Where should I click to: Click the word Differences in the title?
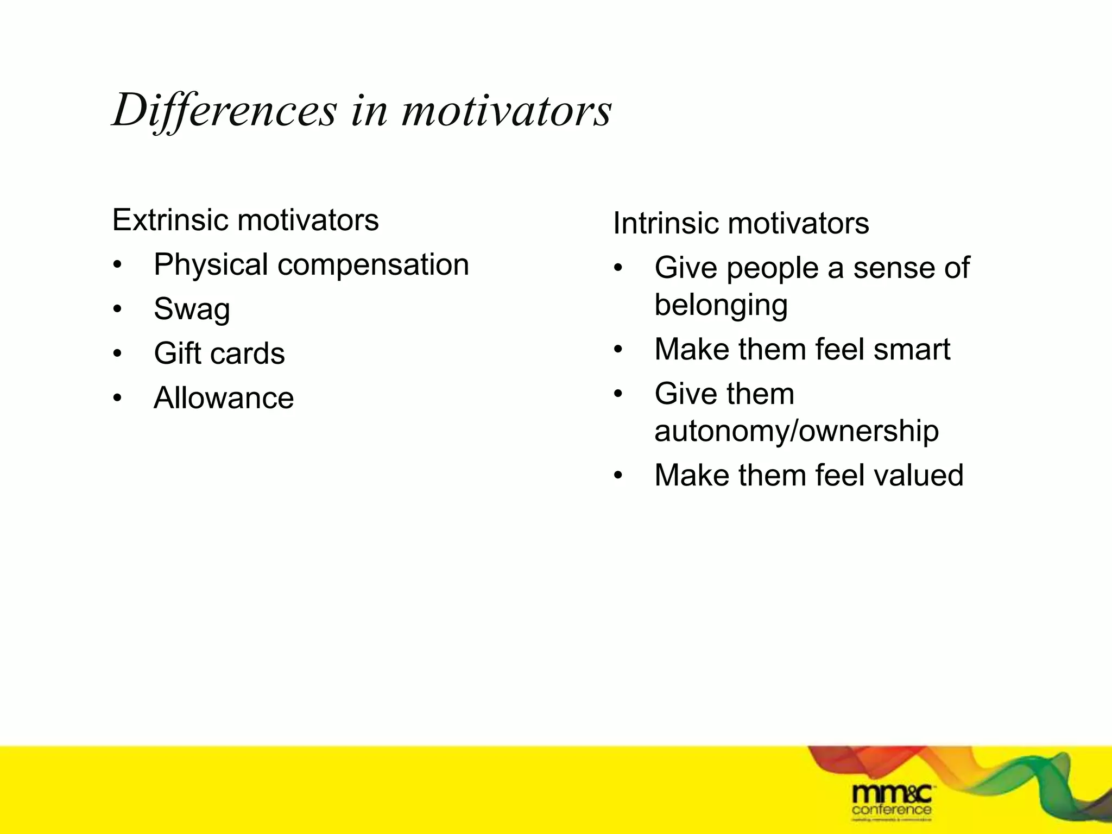(224, 111)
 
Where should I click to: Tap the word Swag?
(192, 309)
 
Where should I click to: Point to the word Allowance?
(224, 398)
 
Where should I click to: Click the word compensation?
(373, 265)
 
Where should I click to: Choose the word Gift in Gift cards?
(178, 353)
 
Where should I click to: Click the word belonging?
(721, 305)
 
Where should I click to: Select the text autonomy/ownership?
(796, 431)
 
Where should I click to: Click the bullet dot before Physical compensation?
(117, 266)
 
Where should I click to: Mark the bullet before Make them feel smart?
(618, 350)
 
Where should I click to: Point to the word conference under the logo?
(892, 810)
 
